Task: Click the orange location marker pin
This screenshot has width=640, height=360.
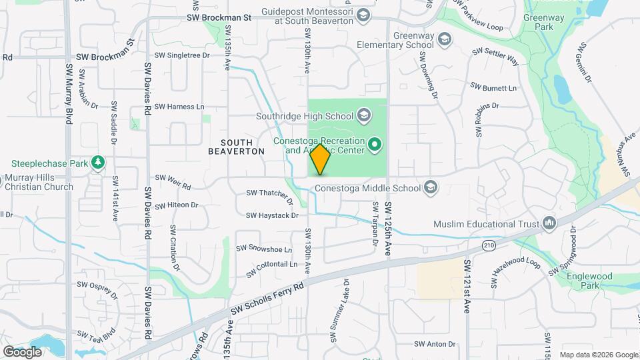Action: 320,159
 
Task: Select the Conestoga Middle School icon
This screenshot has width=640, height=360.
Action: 431,187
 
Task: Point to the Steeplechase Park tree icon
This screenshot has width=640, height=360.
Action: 98,163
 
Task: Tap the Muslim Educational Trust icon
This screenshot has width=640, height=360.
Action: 549,223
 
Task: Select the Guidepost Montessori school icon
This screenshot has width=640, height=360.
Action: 363,15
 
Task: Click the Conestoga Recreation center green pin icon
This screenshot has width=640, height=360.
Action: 375,144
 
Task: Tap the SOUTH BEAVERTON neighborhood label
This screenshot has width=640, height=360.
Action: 237,147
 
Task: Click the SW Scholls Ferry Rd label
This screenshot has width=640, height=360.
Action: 267,297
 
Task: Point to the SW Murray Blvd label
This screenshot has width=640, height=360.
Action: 69,93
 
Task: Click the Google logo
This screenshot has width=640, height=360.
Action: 22,351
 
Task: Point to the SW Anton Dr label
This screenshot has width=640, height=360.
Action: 434,344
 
